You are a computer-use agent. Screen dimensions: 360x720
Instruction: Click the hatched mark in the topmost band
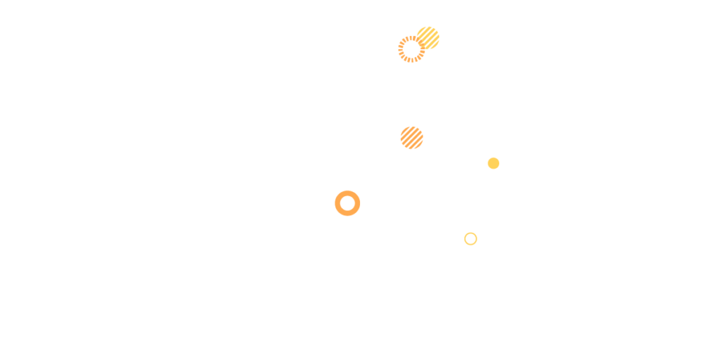pos(420,43)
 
